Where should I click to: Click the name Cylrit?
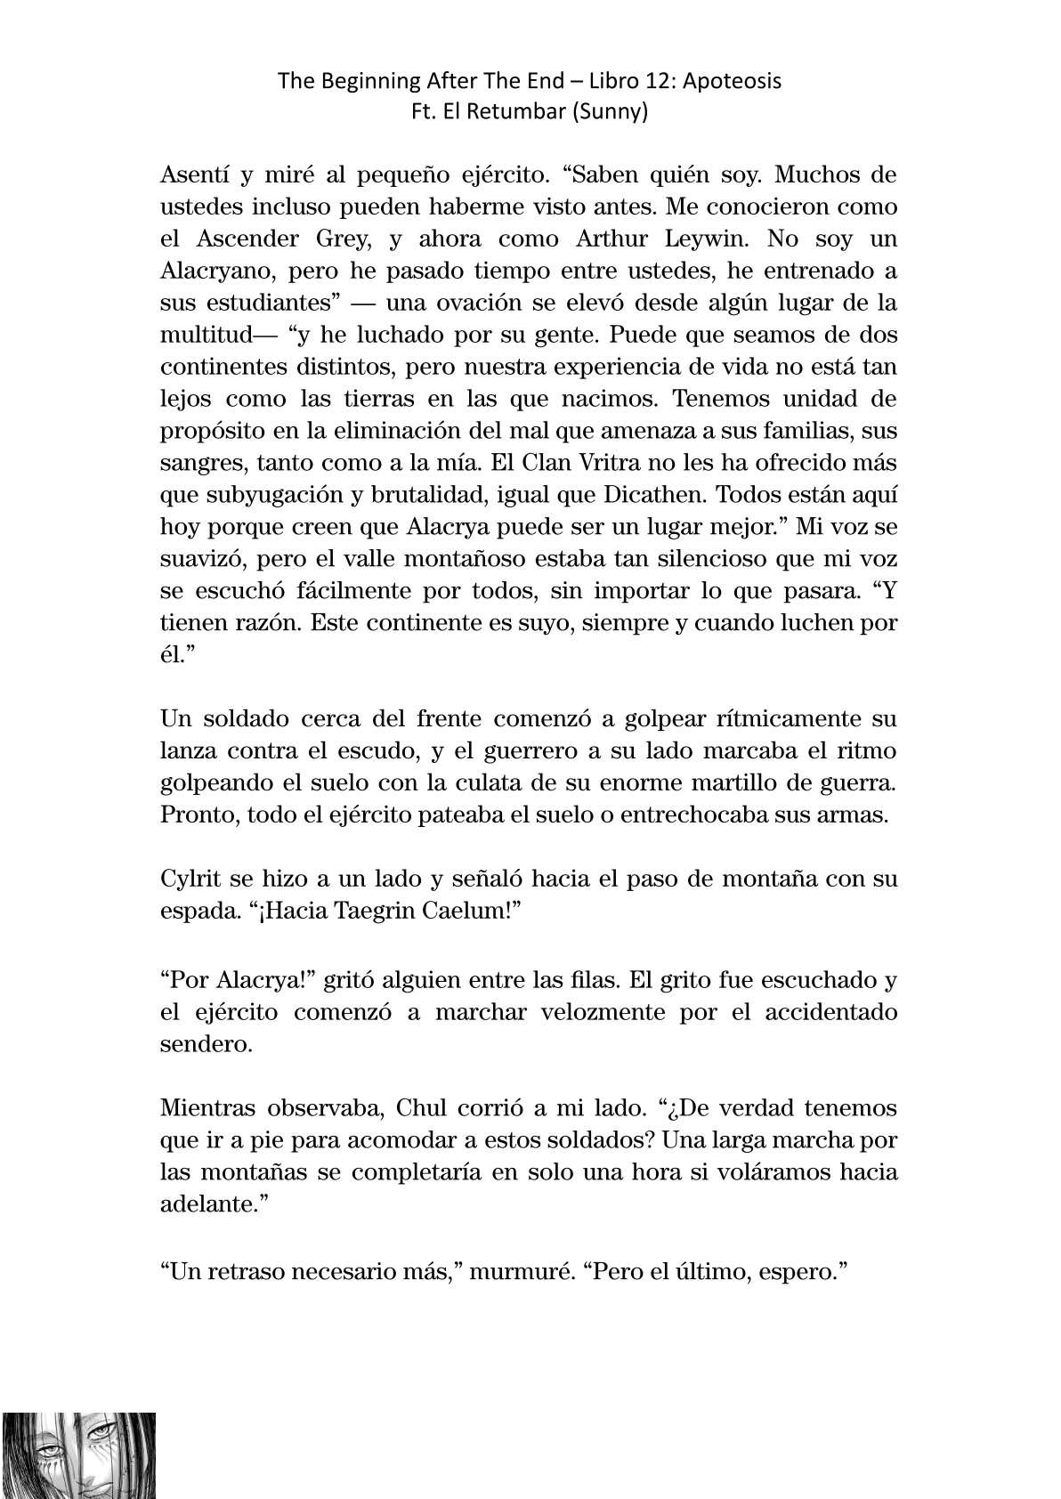186,879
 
